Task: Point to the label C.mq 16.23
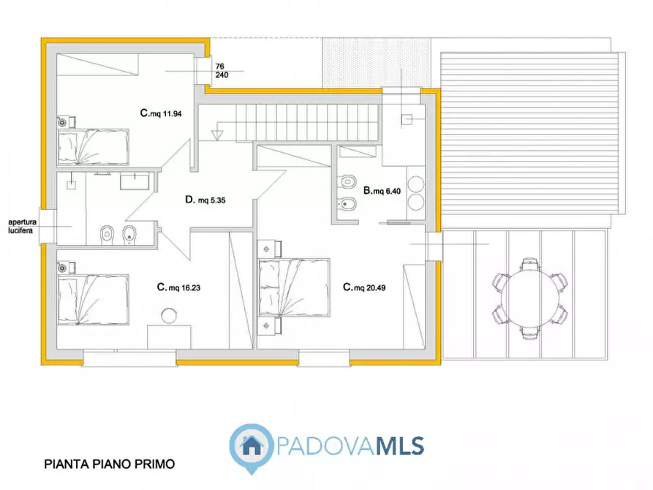point(178,287)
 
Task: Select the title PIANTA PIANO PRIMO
point(110,464)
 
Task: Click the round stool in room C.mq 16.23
point(169,316)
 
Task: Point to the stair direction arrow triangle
point(217,135)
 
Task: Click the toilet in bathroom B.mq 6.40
point(347,181)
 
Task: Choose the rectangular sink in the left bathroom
point(133,181)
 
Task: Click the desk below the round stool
point(169,338)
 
